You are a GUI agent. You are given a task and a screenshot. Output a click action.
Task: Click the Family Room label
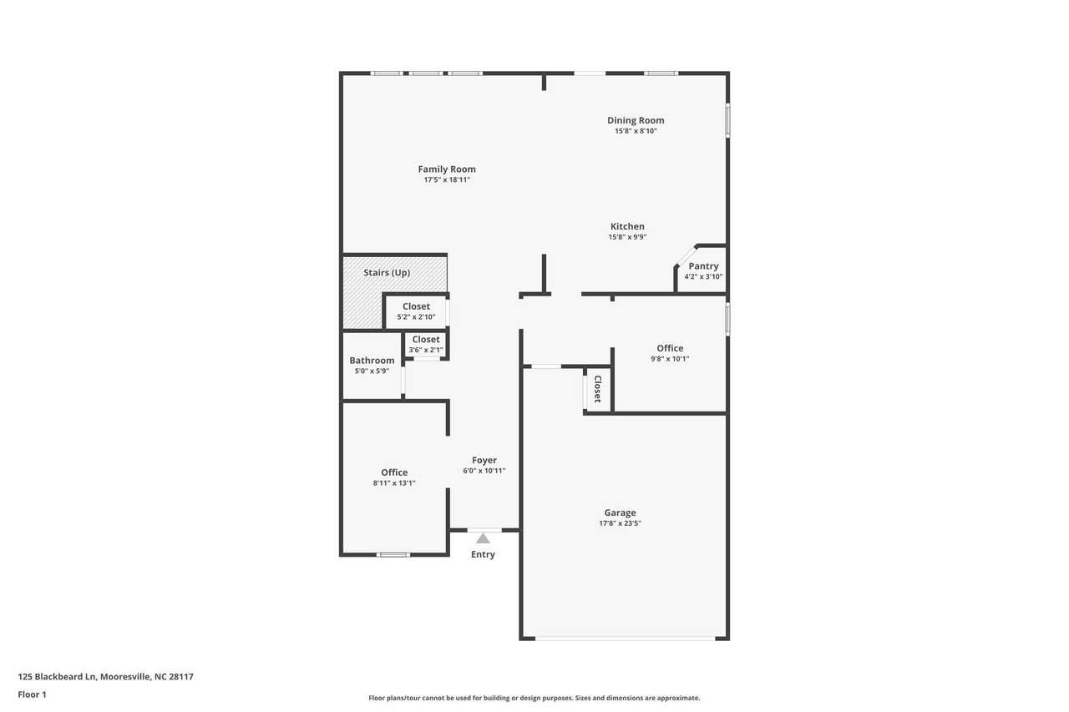pyautogui.click(x=447, y=169)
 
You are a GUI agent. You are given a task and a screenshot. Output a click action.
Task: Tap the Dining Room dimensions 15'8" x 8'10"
pyautogui.click(x=636, y=131)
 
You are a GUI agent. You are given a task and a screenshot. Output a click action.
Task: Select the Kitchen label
pyautogui.click(x=627, y=226)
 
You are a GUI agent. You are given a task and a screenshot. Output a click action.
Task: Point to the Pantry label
pyautogui.click(x=703, y=266)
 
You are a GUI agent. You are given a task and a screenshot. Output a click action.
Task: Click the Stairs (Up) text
pyautogui.click(x=387, y=273)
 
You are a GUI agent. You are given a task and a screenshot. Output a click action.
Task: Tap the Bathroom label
pyautogui.click(x=372, y=361)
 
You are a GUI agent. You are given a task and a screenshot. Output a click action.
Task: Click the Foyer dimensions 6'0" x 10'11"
pyautogui.click(x=484, y=471)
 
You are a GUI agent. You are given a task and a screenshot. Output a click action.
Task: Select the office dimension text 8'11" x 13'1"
pyautogui.click(x=394, y=483)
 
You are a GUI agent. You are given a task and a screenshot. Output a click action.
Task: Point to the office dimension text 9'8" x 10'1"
pyautogui.click(x=670, y=359)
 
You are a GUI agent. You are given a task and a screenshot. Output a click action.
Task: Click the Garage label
pyautogui.click(x=620, y=513)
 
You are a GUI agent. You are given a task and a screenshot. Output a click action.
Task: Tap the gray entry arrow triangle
pyautogui.click(x=483, y=539)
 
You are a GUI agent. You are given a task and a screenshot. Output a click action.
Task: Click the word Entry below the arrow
pyautogui.click(x=483, y=554)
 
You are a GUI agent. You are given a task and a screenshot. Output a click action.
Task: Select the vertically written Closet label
pyautogui.click(x=597, y=389)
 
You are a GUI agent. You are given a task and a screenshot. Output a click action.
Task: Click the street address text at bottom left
pyautogui.click(x=106, y=677)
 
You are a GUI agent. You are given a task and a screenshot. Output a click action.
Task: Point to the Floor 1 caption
pyautogui.click(x=32, y=694)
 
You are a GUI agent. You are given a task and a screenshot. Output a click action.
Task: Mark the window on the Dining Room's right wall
pyautogui.click(x=728, y=120)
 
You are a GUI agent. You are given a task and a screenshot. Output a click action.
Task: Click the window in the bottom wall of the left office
pyautogui.click(x=393, y=554)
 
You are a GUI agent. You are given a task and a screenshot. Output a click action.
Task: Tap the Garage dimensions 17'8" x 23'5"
pyautogui.click(x=620, y=523)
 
